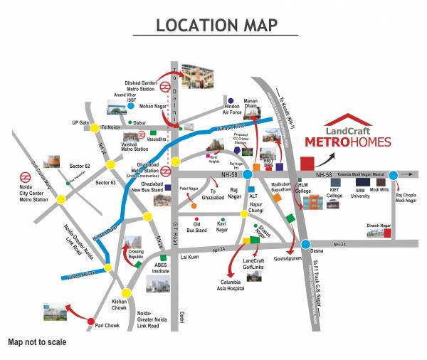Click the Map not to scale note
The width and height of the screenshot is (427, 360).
37,342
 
